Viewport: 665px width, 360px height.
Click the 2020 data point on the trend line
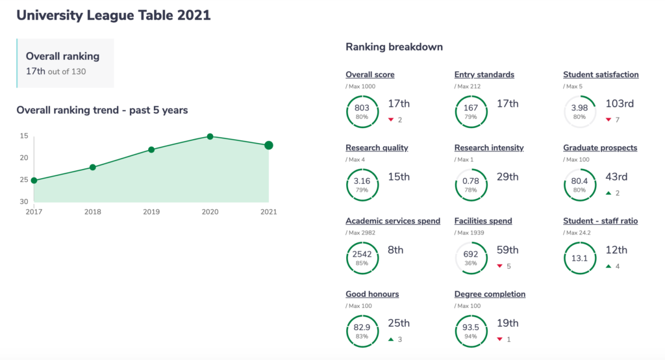pos(210,136)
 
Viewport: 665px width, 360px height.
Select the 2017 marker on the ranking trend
pos(34,181)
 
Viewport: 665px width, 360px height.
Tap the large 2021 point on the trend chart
pos(268,145)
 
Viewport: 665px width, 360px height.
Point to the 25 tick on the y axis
pos(24,179)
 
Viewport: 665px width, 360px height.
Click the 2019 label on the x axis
pos(151,212)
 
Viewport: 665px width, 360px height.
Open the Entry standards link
pos(484,75)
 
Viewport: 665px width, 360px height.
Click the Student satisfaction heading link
pos(601,75)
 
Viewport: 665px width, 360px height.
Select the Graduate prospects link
pos(600,148)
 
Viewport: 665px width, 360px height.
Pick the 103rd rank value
pos(620,103)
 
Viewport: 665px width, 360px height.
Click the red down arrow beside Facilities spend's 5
pos(499,266)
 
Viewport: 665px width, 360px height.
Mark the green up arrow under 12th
pos(608,266)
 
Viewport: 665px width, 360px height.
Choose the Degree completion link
pos(490,294)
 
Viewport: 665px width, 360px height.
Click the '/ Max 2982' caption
pos(360,233)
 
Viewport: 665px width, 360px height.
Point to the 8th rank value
pos(395,250)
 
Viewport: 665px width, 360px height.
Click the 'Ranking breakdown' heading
pos(394,47)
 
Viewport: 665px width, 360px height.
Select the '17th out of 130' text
pos(56,71)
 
